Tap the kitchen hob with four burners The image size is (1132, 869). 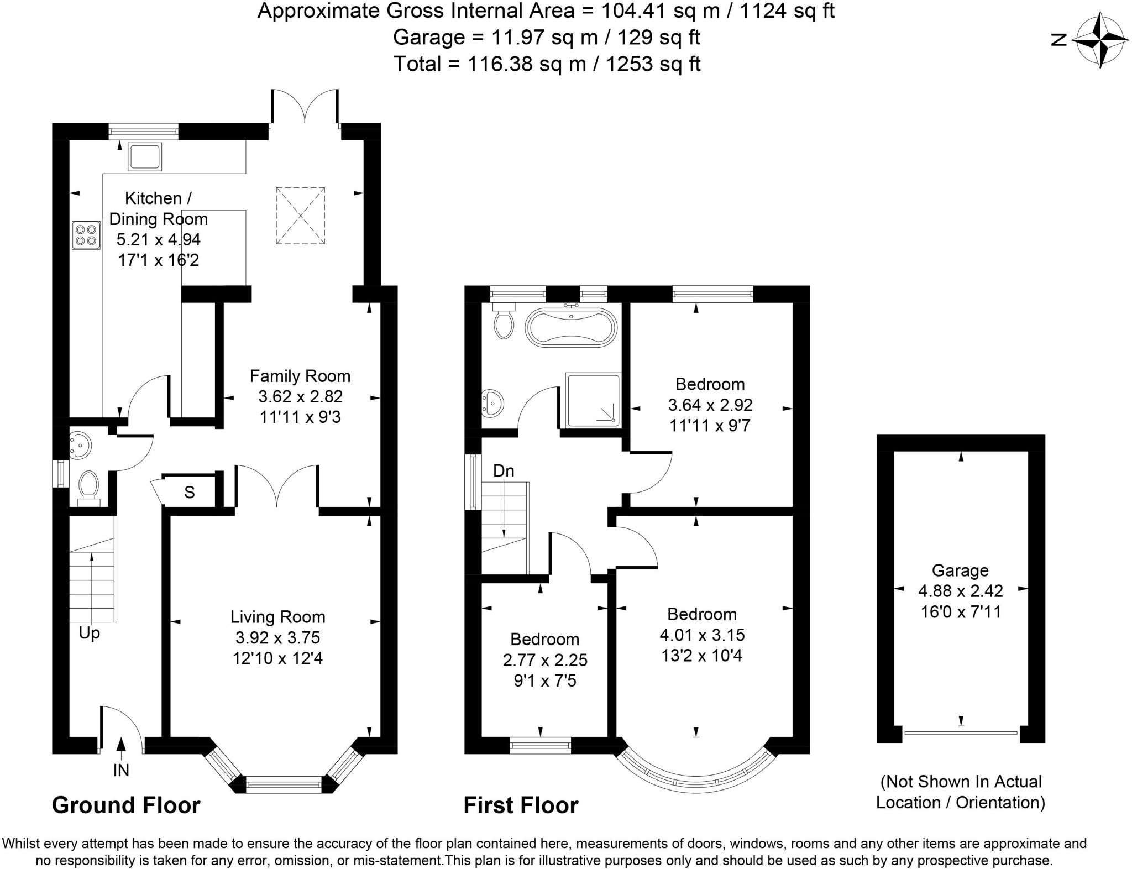coord(86,235)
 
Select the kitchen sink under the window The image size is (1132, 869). coord(145,156)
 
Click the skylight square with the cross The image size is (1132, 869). coord(300,216)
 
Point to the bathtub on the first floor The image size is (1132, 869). coord(570,328)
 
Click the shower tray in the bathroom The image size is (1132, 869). coord(593,400)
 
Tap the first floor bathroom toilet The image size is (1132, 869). coord(504,322)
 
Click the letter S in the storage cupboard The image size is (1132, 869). coord(190,493)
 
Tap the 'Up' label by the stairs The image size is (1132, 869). coord(89,633)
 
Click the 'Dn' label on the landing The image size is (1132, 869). coord(504,471)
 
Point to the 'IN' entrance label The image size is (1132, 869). coord(121,770)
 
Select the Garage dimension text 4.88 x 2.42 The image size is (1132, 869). coord(961,591)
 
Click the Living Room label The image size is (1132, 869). coord(277,617)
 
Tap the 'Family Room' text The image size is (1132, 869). coord(300,376)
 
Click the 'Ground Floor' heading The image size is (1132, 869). coord(126,805)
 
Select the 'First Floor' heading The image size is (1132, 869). coord(521,805)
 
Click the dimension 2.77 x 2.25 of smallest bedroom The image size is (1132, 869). coord(545,660)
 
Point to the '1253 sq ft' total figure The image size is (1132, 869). coord(653,64)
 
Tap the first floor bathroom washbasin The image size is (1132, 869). coord(491,402)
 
